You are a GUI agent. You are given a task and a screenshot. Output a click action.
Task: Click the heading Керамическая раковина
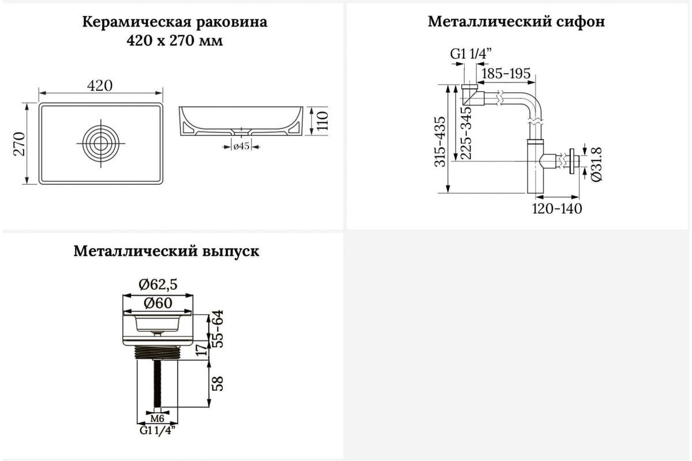click(175, 22)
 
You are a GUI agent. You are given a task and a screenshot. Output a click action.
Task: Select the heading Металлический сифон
click(516, 22)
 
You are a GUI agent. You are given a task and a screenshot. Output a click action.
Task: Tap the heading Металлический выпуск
click(166, 251)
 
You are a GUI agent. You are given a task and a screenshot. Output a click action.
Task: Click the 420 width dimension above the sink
click(100, 85)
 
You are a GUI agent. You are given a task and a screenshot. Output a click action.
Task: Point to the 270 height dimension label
click(19, 143)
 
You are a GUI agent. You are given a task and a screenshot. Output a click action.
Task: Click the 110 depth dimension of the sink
click(322, 121)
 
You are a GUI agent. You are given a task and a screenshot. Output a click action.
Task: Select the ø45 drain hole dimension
click(241, 146)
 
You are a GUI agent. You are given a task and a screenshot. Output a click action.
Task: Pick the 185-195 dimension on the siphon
click(506, 74)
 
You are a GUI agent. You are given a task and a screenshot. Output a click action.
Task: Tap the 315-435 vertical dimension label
click(440, 142)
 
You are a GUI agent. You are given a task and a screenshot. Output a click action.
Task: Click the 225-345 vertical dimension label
click(465, 133)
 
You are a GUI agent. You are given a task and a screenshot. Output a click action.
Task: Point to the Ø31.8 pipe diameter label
click(596, 164)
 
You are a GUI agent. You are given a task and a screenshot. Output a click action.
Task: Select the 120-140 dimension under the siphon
click(556, 209)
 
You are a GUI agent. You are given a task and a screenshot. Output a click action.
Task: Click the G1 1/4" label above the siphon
click(471, 54)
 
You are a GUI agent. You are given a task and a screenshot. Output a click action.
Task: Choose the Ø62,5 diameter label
click(158, 285)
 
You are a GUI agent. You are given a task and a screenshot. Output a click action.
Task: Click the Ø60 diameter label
click(158, 303)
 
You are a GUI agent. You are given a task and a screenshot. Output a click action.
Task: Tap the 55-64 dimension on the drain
click(218, 328)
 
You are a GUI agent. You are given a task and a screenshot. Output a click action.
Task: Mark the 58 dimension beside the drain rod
click(218, 384)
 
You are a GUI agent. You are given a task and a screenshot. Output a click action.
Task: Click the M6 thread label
click(157, 419)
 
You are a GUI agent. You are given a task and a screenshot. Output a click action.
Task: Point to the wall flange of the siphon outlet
click(572, 161)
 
